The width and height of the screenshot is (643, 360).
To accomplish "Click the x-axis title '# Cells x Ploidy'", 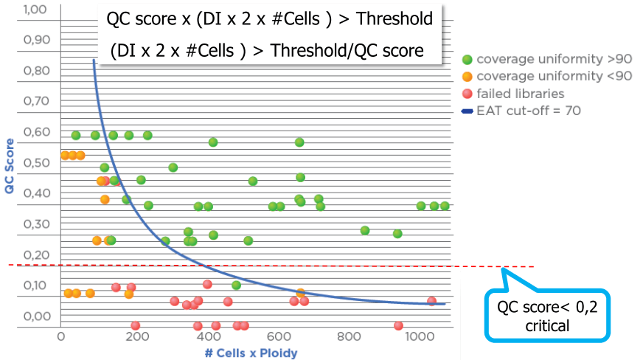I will [x=251, y=353].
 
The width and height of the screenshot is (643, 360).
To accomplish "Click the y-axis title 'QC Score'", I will [x=10, y=166].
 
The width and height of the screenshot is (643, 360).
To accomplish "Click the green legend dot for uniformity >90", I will [x=466, y=58].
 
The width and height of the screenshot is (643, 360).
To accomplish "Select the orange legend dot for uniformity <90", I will [x=466, y=76].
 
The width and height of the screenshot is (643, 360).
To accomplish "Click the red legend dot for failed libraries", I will [x=466, y=94].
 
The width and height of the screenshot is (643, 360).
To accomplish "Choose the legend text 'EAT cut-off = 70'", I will [x=519, y=111].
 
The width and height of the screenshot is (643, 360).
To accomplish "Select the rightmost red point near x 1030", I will [x=431, y=301].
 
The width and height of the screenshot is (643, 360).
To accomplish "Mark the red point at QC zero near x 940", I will [x=398, y=325].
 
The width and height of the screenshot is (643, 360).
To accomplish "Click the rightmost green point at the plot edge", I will [x=445, y=206].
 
